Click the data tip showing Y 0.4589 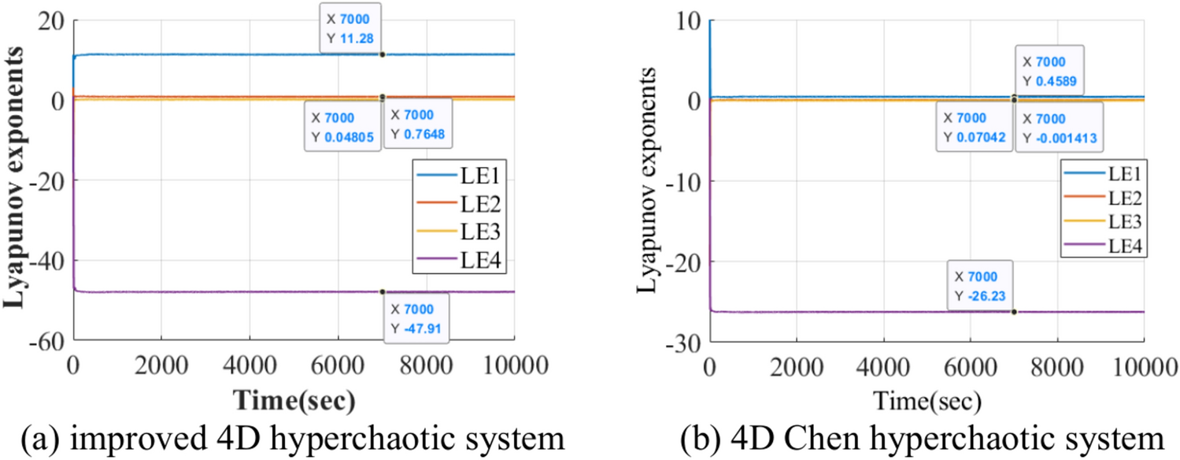pos(1049,70)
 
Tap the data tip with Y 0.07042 pos(974,128)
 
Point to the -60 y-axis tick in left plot pos(47,341)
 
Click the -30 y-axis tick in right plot pos(682,341)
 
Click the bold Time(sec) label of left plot pos(293,400)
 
